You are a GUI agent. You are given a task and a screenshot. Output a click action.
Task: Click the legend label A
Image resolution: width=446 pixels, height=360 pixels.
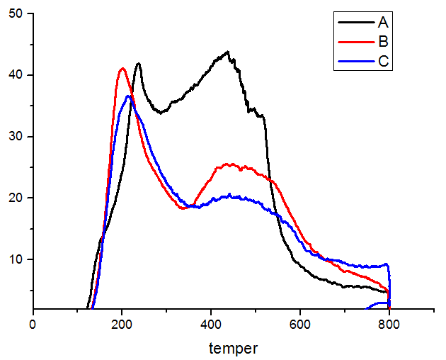(x=383, y=23)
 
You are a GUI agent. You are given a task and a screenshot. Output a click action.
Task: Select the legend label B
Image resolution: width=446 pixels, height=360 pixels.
(x=383, y=42)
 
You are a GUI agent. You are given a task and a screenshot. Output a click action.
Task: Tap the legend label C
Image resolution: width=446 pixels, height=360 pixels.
(x=383, y=62)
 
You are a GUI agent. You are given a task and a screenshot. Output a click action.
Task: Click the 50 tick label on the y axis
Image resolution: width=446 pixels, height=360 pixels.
(x=16, y=13)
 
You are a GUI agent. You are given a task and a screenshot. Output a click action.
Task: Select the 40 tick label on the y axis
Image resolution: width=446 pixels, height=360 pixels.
(x=16, y=75)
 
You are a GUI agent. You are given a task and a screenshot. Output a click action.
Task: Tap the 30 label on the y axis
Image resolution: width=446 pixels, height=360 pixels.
(x=16, y=136)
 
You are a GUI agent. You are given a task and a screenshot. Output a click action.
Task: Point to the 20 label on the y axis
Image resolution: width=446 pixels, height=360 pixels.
(x=16, y=198)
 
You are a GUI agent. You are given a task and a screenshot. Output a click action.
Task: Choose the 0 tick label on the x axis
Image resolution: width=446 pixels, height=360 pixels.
(x=33, y=325)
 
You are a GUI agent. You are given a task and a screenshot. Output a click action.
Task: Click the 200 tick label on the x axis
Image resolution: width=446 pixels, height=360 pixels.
(x=122, y=325)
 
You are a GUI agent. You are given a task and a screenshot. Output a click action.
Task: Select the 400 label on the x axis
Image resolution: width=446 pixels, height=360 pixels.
(x=211, y=325)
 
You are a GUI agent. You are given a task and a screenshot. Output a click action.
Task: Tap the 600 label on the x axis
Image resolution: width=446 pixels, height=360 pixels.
(x=300, y=325)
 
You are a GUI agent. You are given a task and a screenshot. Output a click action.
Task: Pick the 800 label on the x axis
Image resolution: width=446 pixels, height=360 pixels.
(x=389, y=325)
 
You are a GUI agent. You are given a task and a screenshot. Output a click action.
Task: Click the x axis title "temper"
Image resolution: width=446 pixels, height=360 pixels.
(x=234, y=348)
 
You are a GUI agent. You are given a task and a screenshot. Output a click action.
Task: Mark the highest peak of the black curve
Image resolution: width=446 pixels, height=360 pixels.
(x=227, y=52)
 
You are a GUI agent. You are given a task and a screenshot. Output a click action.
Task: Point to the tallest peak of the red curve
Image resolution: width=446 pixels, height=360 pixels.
(x=123, y=68)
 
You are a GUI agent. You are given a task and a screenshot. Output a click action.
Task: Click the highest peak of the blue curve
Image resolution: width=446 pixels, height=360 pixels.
(x=128, y=96)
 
